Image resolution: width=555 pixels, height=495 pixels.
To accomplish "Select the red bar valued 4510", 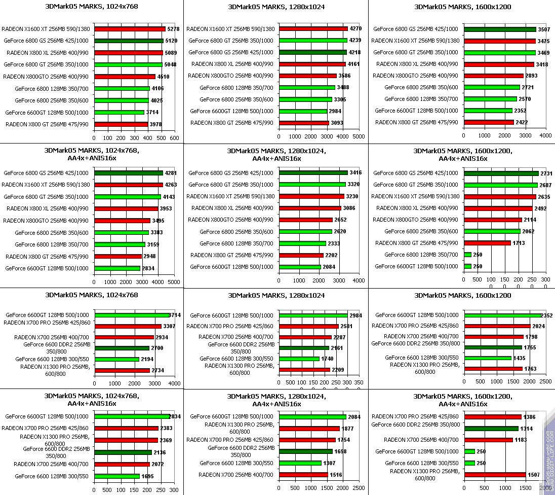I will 125,77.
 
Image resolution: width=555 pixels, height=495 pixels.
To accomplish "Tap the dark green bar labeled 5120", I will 129,41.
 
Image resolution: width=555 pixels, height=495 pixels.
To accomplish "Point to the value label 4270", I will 356,29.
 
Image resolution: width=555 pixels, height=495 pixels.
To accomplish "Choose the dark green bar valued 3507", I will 500,29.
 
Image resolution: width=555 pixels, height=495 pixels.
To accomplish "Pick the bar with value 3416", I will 313,173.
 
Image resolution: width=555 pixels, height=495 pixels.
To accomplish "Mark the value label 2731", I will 546,173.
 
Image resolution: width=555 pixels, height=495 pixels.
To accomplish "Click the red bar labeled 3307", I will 128,326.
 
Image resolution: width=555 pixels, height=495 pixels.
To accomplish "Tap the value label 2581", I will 347,326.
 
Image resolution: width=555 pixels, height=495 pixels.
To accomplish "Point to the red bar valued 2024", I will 497,326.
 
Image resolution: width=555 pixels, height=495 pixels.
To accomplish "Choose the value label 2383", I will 166,428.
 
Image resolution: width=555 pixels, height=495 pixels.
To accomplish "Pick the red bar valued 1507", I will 495,475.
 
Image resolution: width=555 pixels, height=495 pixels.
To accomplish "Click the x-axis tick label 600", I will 174,138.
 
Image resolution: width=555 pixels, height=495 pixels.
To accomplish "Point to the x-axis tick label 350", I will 359,382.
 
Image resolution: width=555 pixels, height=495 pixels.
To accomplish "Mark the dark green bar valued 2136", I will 123,452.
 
